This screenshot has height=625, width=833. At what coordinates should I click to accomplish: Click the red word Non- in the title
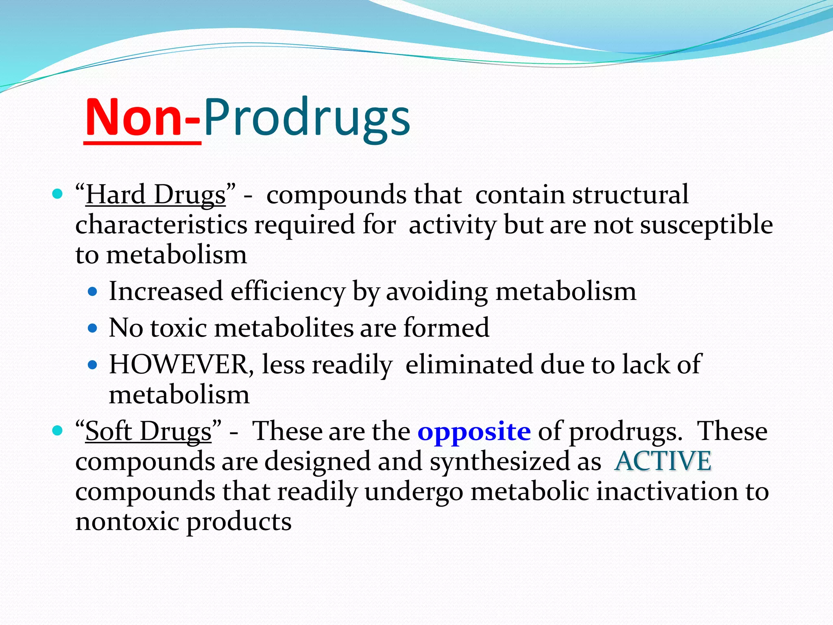[142, 118]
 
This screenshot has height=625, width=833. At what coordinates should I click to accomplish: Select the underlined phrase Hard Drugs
[155, 194]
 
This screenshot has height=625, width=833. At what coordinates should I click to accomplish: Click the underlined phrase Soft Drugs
[148, 431]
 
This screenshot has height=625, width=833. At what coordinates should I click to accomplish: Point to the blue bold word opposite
[474, 431]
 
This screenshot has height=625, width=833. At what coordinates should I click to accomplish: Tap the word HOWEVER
[178, 364]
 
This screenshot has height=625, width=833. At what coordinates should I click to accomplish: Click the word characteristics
[161, 225]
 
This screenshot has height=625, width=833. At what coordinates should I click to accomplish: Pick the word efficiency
[288, 292]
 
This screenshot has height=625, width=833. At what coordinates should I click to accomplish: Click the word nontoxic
[127, 522]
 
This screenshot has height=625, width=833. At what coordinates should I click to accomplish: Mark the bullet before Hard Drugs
[57, 194]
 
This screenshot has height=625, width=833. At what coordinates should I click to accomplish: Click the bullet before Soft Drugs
[57, 430]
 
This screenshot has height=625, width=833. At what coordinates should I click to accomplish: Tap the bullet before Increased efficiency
[93, 291]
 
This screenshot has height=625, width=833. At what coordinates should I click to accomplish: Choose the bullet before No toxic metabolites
[93, 328]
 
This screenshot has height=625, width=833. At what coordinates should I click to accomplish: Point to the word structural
[630, 194]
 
